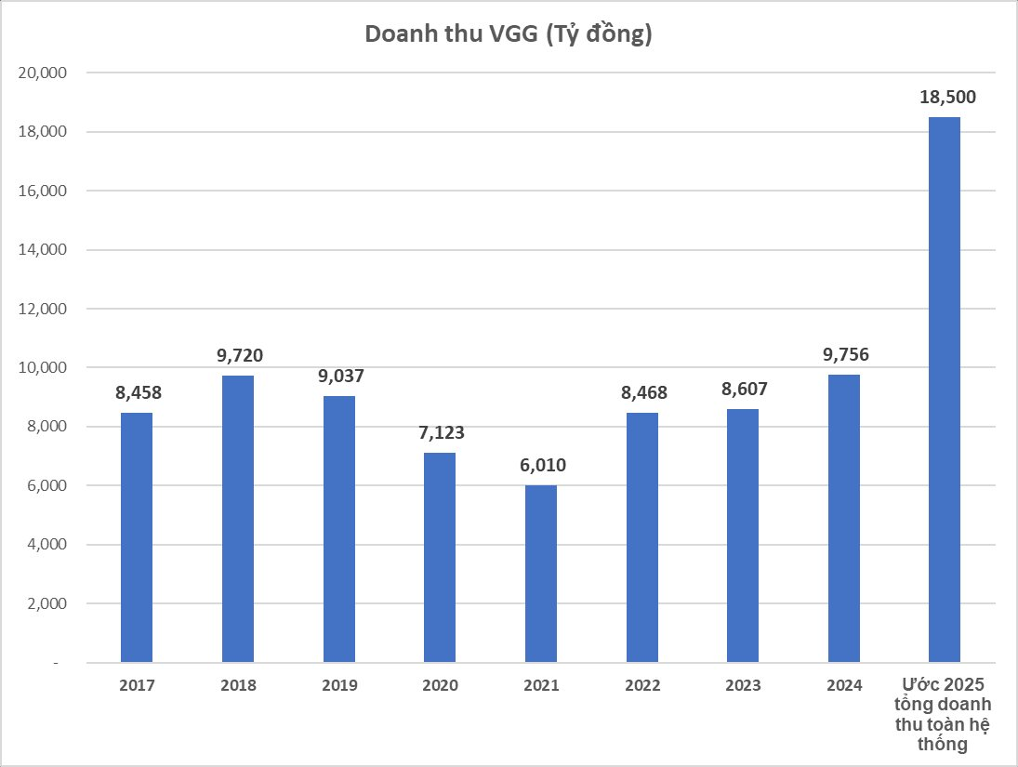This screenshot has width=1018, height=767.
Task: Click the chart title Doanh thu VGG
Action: tap(509, 34)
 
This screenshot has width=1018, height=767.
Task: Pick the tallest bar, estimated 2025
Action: tap(945, 390)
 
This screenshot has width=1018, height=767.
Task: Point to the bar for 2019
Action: tap(339, 529)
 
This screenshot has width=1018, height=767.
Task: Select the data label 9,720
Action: tap(238, 355)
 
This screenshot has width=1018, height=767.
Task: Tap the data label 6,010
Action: tap(541, 465)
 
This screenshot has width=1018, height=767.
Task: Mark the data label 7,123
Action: tap(440, 432)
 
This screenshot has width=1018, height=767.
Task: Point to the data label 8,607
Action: tap(743, 389)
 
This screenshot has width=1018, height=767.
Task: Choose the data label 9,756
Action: tap(844, 354)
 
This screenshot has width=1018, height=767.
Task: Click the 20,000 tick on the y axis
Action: tap(38, 73)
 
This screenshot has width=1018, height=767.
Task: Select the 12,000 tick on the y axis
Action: tap(38, 309)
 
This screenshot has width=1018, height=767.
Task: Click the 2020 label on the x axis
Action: tap(440, 685)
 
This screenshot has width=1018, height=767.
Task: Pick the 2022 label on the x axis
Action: tap(642, 685)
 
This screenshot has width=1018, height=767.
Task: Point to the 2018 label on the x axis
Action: tap(238, 685)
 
